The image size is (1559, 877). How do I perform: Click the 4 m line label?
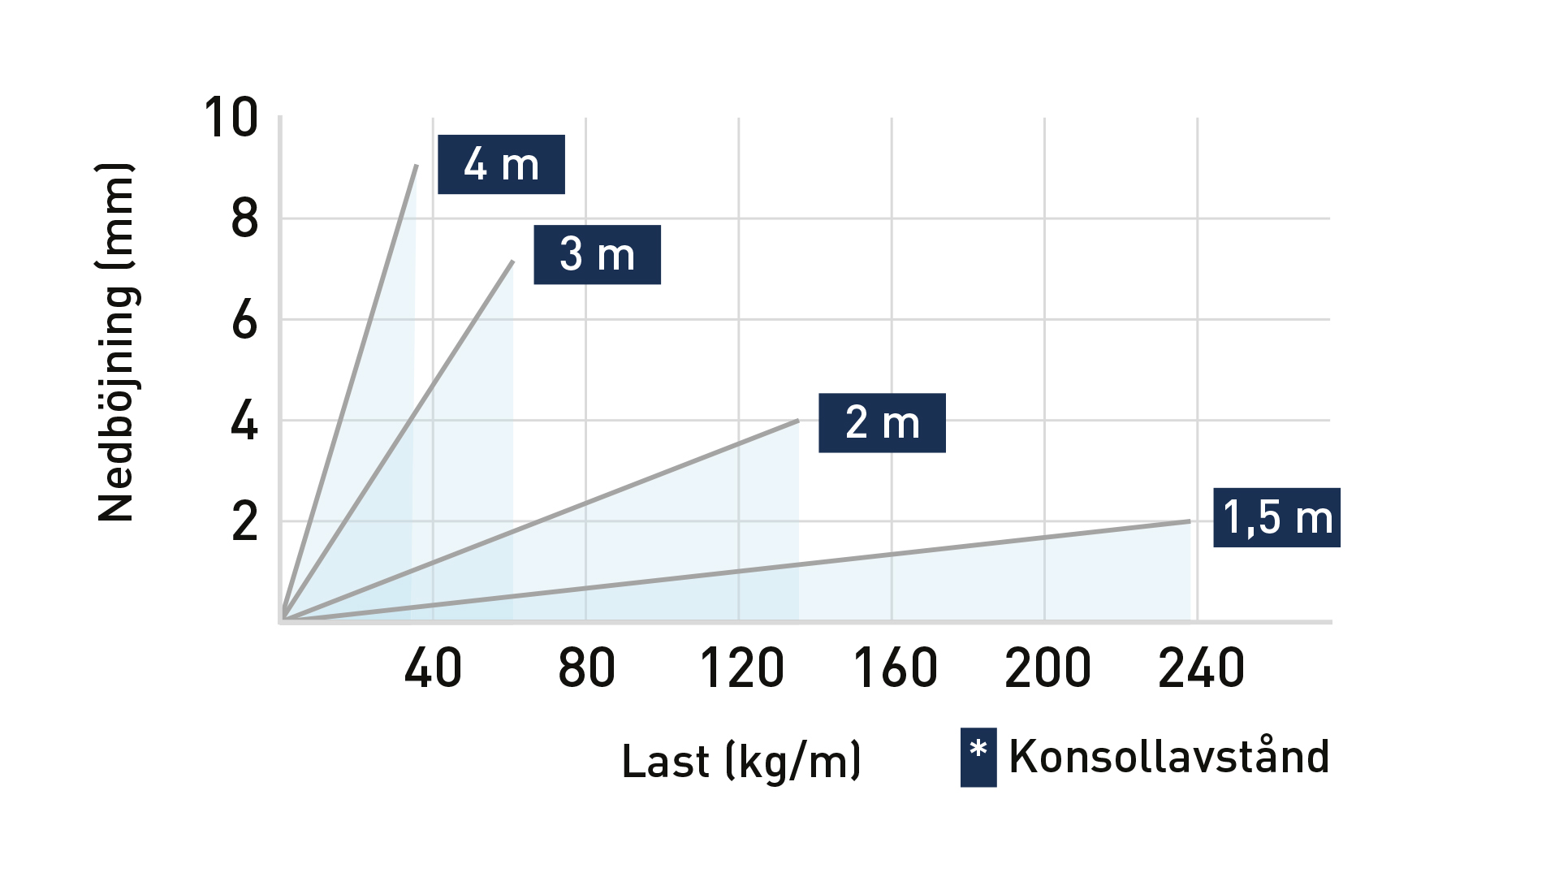(x=501, y=164)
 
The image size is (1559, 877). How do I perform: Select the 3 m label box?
(x=597, y=254)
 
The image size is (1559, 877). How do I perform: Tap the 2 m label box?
(x=882, y=422)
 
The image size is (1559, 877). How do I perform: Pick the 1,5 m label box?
(x=1276, y=517)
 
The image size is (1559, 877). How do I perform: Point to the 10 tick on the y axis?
(x=231, y=118)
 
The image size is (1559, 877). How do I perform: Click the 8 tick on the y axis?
(x=244, y=218)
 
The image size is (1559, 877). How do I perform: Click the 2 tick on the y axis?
(x=244, y=521)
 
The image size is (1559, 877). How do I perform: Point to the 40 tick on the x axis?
(x=433, y=668)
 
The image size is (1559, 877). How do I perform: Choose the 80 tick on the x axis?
(x=586, y=668)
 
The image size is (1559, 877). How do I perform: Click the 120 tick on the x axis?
(x=741, y=668)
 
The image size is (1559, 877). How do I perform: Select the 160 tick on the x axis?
(x=895, y=668)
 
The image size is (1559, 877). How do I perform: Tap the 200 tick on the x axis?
(x=1047, y=668)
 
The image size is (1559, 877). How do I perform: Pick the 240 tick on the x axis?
(x=1201, y=668)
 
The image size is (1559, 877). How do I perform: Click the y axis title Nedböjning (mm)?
(x=115, y=342)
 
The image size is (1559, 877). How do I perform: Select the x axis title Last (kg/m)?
(x=741, y=761)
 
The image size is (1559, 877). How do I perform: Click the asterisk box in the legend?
(x=978, y=757)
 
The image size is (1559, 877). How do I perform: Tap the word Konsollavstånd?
(x=1168, y=756)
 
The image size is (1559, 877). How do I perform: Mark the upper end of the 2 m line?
(x=798, y=421)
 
